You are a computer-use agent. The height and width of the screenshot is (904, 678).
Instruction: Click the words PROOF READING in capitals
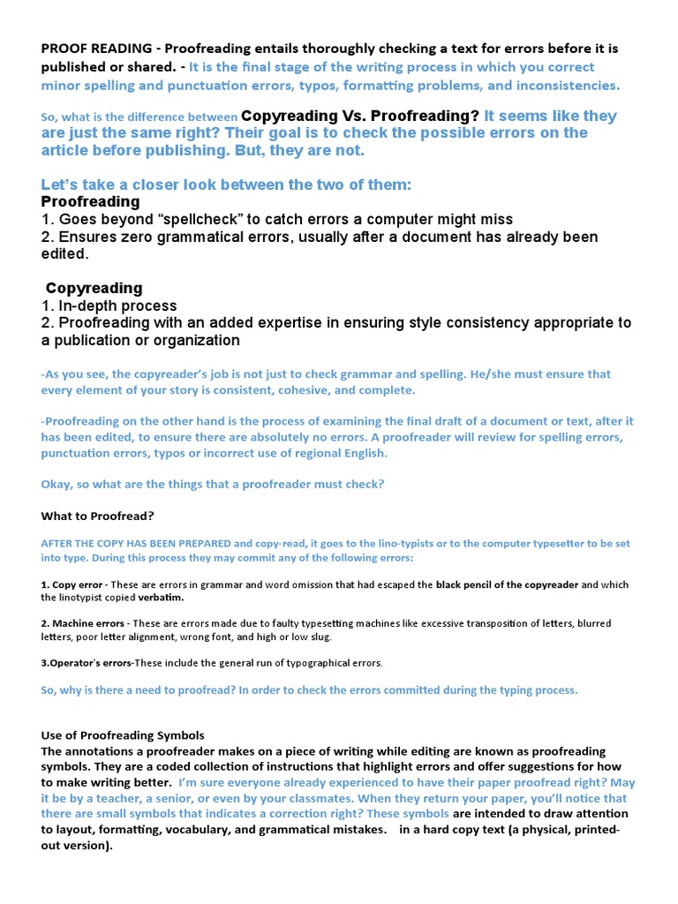[x=96, y=49]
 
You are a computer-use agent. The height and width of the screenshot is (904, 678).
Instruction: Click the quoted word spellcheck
[x=192, y=219]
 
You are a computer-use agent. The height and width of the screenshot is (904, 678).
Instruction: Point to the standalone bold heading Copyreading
[x=94, y=288]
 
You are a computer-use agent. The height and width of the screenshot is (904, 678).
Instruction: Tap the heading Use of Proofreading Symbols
[x=123, y=735]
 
